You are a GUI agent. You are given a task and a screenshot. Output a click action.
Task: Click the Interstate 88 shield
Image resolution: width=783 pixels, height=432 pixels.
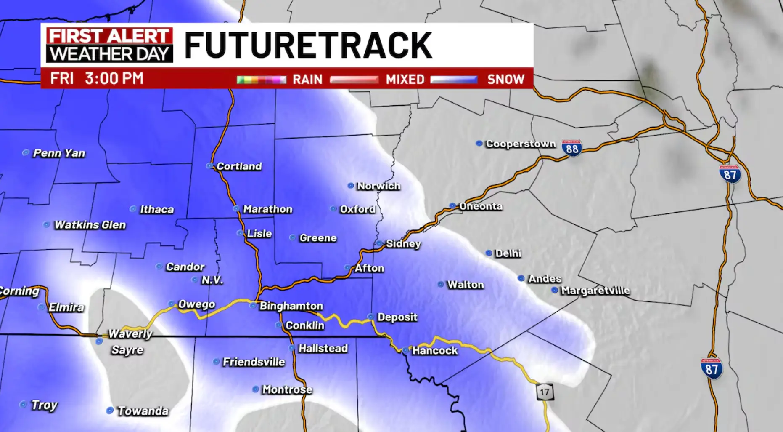[x=572, y=148]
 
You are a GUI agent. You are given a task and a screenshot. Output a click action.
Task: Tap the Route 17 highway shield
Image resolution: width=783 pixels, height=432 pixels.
[x=545, y=392]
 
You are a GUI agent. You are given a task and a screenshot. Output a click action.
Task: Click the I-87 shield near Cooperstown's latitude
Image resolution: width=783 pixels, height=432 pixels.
[x=730, y=174]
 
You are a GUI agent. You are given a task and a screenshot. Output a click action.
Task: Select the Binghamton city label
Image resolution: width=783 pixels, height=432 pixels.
[x=291, y=306]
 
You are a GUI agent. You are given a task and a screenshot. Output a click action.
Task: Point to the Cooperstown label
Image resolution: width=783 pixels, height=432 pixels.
[x=521, y=144]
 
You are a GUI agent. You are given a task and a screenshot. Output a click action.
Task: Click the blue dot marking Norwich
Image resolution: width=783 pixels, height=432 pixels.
[x=351, y=186]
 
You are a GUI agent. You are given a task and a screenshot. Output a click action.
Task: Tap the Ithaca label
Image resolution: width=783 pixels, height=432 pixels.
[x=156, y=209]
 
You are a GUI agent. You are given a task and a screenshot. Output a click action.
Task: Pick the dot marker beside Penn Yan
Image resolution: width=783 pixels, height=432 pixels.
[x=26, y=153]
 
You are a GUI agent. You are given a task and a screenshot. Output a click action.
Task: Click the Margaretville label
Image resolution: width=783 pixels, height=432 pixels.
[x=595, y=291]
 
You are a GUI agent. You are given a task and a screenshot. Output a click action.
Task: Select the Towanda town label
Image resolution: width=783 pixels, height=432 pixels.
[x=143, y=411]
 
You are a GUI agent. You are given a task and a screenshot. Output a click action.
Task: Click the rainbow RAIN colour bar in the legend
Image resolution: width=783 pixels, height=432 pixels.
[x=261, y=80]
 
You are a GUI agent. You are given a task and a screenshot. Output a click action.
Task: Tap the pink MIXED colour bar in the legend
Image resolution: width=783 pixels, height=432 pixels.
[x=354, y=80]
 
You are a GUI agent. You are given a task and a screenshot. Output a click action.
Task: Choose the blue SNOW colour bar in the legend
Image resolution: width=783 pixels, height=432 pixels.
[x=454, y=80]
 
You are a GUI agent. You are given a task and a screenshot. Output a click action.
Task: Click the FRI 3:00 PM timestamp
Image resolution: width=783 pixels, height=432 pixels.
[x=97, y=79]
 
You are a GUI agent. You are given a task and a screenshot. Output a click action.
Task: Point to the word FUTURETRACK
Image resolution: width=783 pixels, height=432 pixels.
[x=308, y=45]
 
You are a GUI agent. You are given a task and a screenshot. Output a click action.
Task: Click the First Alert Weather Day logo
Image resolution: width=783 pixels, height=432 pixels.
[x=109, y=45]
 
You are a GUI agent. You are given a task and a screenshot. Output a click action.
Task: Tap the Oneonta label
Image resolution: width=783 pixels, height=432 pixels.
[x=481, y=206]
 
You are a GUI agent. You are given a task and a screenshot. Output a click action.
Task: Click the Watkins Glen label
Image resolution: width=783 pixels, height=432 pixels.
[x=90, y=225]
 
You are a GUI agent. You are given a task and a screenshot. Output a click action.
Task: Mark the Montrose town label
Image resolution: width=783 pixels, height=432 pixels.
[x=287, y=389]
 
